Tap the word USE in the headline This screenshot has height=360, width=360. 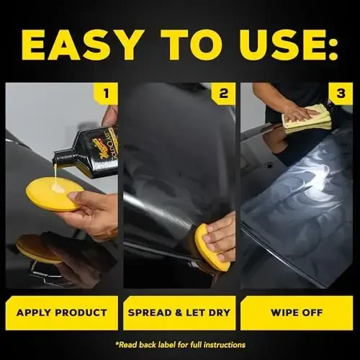(268, 45)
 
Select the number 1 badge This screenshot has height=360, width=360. (105, 93)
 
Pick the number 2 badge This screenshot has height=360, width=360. (223, 93)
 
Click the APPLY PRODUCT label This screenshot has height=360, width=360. (61, 312)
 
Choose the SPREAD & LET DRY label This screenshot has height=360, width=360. (179, 312)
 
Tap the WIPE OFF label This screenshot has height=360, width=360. (296, 312)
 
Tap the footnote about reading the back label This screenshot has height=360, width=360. (179, 344)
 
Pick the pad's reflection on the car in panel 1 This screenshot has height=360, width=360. (37, 248)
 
